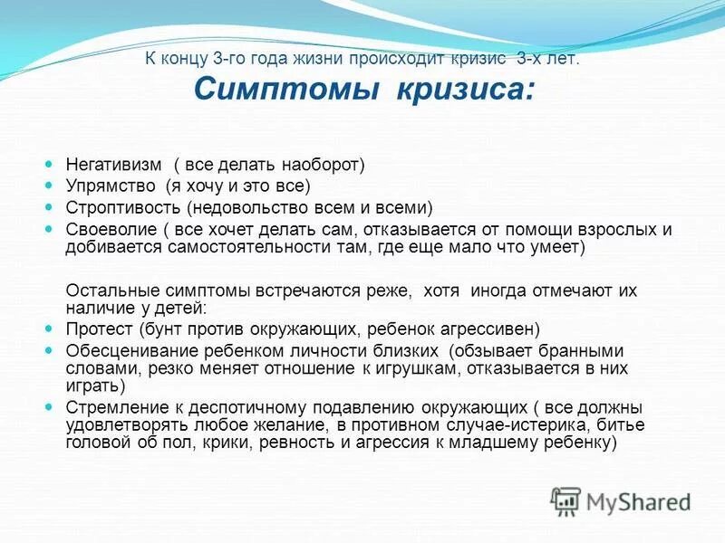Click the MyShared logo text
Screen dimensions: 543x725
point(638,500)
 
